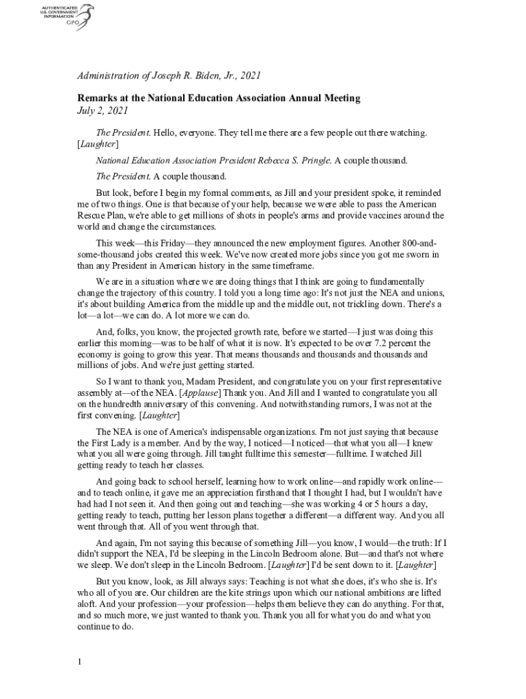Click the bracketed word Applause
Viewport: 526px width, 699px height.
[x=199, y=393]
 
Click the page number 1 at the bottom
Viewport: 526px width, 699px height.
[x=79, y=661]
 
